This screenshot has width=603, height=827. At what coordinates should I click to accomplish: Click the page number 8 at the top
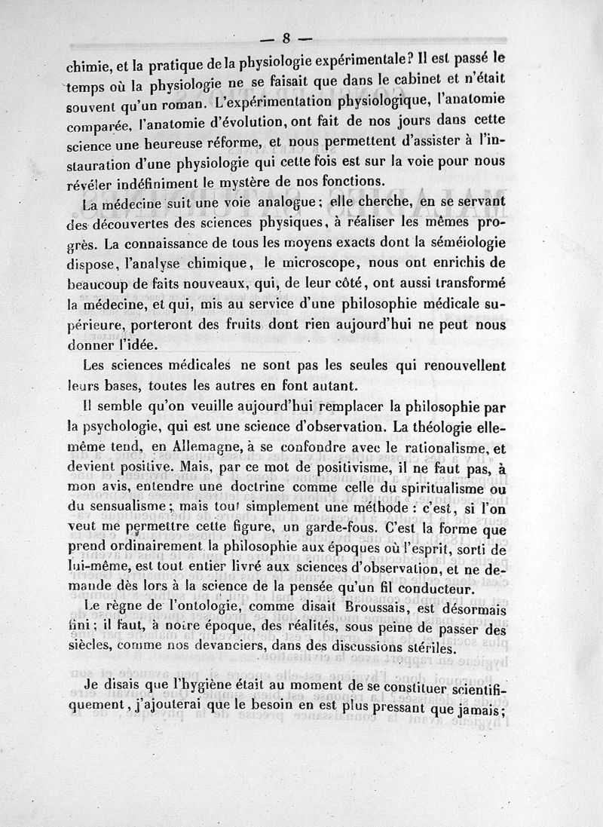click(287, 38)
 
